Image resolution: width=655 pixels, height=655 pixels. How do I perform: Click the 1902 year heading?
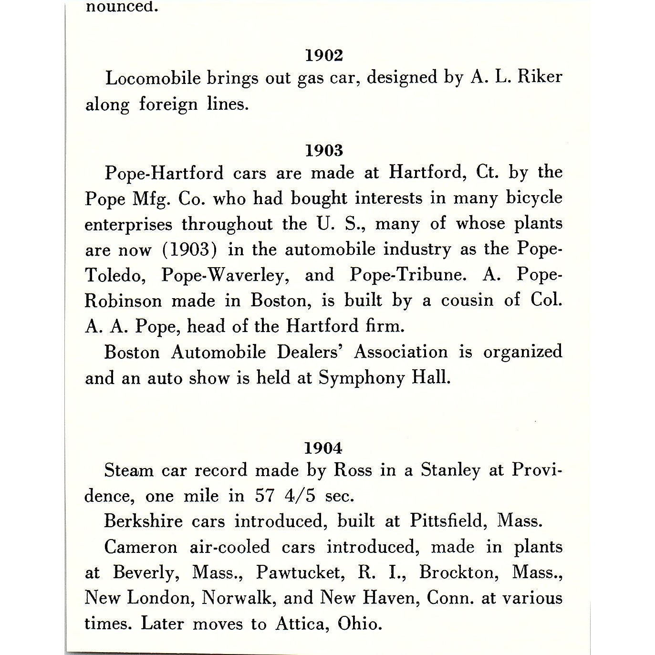coord(324,56)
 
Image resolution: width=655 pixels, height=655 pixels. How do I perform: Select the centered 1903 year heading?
coord(324,151)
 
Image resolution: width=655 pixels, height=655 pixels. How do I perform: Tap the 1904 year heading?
coord(323,448)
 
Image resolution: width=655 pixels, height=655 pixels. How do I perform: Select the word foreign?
coord(168,104)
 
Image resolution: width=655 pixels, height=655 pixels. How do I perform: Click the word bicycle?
coord(534,198)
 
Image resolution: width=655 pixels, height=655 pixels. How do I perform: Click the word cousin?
coord(466,301)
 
